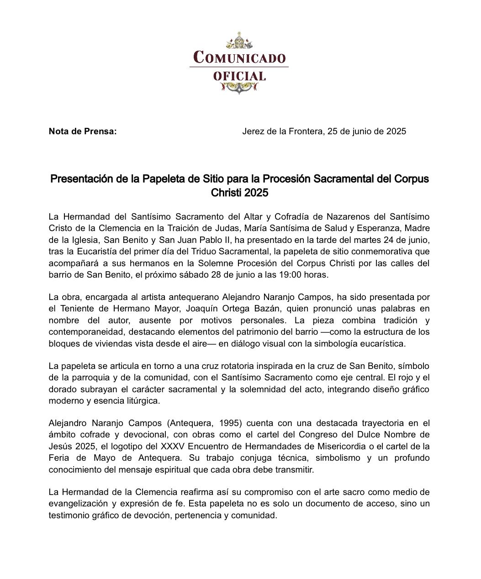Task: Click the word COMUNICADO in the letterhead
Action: [x=239, y=58]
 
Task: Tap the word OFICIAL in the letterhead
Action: [x=239, y=76]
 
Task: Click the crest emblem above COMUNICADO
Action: [x=239, y=41]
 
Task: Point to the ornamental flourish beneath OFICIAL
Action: [x=239, y=88]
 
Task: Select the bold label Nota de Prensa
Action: [x=83, y=132]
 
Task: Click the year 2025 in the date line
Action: [x=396, y=132]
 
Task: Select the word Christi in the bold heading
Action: [x=226, y=193]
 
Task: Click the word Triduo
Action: [x=212, y=251]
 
